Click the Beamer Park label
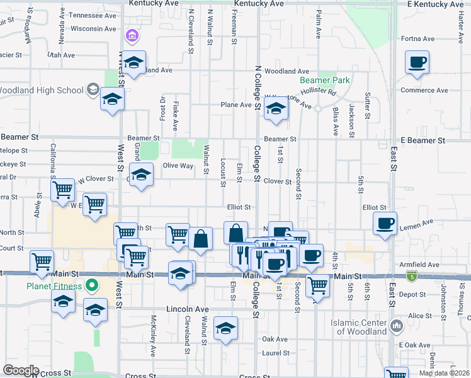pos(324,81)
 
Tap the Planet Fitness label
pos(54,286)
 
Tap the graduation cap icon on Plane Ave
pos(276,108)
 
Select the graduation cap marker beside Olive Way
pos(142,175)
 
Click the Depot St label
pos(412,294)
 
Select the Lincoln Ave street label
pos(187,309)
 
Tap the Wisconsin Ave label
pos(93,28)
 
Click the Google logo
pos(20,370)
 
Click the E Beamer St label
pos(426,140)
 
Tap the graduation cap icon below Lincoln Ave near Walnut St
pos(225,328)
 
